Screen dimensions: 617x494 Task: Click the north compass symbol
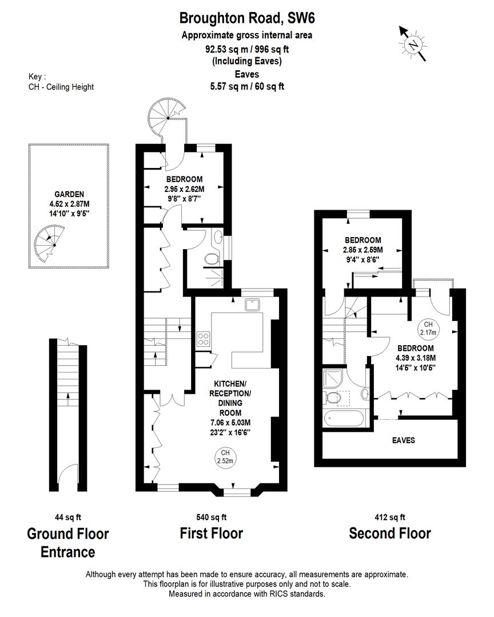click(x=412, y=43)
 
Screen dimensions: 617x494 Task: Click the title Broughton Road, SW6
click(x=246, y=18)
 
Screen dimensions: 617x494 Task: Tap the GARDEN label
click(x=69, y=194)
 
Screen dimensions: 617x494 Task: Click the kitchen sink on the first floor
click(x=252, y=305)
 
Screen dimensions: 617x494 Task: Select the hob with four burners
click(x=204, y=339)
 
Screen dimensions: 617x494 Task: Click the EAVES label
click(x=403, y=440)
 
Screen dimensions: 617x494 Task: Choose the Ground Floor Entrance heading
click(x=67, y=543)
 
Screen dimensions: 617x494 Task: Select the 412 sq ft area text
click(x=390, y=518)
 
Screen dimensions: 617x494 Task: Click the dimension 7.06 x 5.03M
click(x=232, y=423)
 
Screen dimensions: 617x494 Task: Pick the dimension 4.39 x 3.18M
click(x=415, y=358)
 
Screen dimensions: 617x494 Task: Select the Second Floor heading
click(x=390, y=534)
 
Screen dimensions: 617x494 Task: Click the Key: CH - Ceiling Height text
click(x=61, y=82)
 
